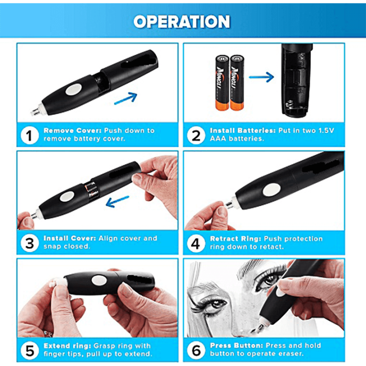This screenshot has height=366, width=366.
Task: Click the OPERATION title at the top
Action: click(x=182, y=21)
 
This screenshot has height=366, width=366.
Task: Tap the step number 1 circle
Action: click(x=30, y=135)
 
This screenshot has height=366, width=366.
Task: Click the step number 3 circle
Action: click(x=30, y=243)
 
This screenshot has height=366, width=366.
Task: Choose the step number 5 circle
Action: click(x=30, y=350)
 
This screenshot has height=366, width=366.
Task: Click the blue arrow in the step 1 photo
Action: click(x=126, y=98)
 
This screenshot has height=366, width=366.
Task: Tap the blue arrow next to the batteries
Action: click(x=261, y=78)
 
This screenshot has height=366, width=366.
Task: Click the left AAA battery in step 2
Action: click(x=222, y=82)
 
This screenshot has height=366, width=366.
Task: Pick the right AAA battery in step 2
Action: click(x=237, y=82)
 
